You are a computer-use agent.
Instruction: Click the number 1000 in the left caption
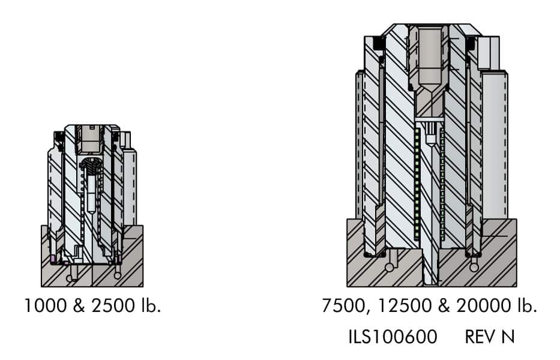tap(46, 306)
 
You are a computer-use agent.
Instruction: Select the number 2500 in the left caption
tap(113, 306)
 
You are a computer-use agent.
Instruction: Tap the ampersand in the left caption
tap(79, 306)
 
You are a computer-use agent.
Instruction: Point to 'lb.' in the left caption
tap(151, 306)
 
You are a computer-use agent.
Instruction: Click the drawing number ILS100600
tap(393, 337)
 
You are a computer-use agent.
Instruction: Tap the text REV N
tap(490, 337)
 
